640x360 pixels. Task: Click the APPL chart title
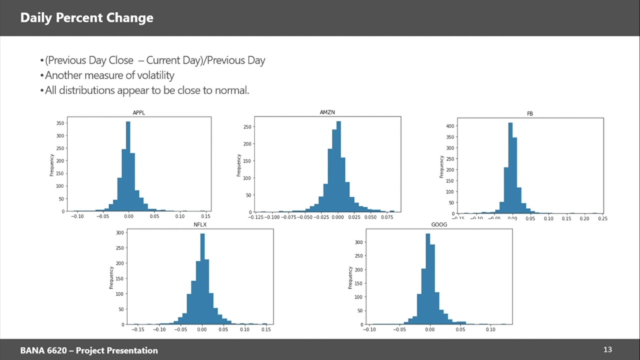click(138, 112)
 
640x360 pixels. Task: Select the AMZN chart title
click(327, 112)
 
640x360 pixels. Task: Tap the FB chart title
click(530, 113)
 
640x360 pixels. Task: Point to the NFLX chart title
click(200, 224)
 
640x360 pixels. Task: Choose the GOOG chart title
click(439, 224)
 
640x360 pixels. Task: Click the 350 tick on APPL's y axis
click(59, 123)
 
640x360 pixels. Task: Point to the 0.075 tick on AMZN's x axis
click(386, 217)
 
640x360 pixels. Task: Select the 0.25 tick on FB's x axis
click(602, 218)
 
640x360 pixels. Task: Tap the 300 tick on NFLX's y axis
click(119, 232)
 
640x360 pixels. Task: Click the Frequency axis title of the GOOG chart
click(350, 277)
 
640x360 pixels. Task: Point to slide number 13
click(607, 350)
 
